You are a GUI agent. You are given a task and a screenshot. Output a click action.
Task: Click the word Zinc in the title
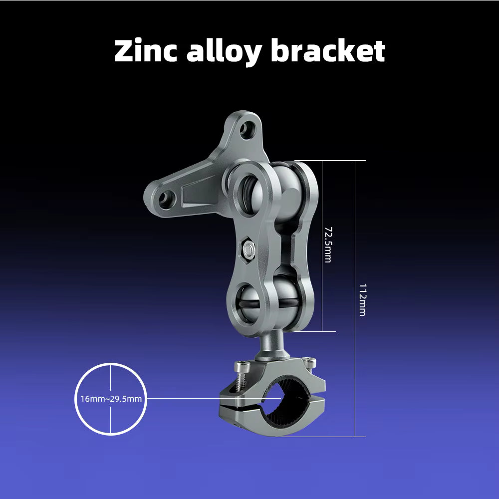[145, 51]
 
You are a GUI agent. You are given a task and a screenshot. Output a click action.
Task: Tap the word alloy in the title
[224, 52]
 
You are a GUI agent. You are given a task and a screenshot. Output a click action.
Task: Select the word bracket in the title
[328, 50]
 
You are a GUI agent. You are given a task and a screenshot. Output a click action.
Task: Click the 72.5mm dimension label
[328, 245]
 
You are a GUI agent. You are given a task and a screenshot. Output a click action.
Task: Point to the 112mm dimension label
[362, 299]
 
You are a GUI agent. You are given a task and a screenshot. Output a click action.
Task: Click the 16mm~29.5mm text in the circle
[111, 399]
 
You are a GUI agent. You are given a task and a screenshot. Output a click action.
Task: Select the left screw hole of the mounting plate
[167, 199]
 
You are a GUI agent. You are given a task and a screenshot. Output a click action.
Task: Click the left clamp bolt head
[242, 366]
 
